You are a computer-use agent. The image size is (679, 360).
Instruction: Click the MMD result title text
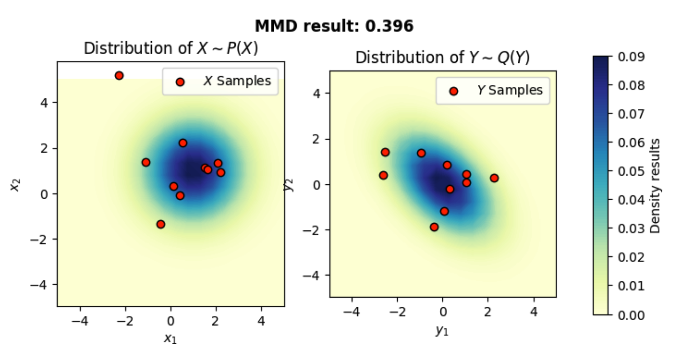pyautogui.click(x=334, y=27)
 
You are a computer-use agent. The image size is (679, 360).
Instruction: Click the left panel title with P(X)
pyautogui.click(x=171, y=49)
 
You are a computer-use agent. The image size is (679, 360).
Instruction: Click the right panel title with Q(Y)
pyautogui.click(x=443, y=58)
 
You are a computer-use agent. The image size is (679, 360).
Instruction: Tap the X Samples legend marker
pyautogui.click(x=180, y=82)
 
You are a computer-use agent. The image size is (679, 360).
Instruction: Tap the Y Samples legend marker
pyautogui.click(x=454, y=91)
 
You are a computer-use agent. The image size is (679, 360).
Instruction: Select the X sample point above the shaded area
pyautogui.click(x=119, y=75)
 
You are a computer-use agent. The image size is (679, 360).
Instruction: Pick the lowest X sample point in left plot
pyautogui.click(x=160, y=224)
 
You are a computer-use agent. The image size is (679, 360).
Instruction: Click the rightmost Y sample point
pyautogui.click(x=494, y=178)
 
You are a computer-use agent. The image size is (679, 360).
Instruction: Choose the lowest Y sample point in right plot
pyautogui.click(x=434, y=227)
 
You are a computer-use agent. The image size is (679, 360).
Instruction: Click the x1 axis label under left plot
pyautogui.click(x=171, y=338)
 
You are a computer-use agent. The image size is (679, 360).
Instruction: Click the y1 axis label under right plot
pyautogui.click(x=443, y=331)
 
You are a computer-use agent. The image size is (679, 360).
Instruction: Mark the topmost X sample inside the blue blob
pyautogui.click(x=183, y=143)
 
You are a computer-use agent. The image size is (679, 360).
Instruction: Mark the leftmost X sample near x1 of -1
pyautogui.click(x=146, y=162)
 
